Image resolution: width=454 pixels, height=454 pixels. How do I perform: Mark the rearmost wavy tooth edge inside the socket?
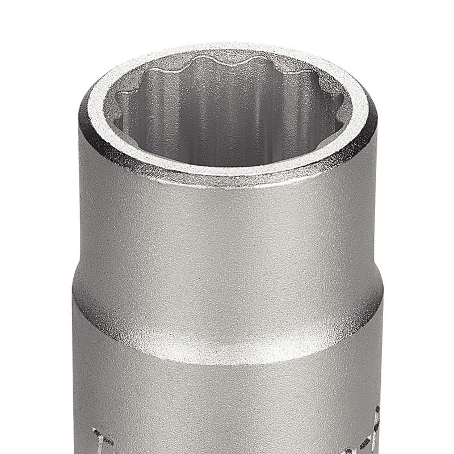coord(227,60)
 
